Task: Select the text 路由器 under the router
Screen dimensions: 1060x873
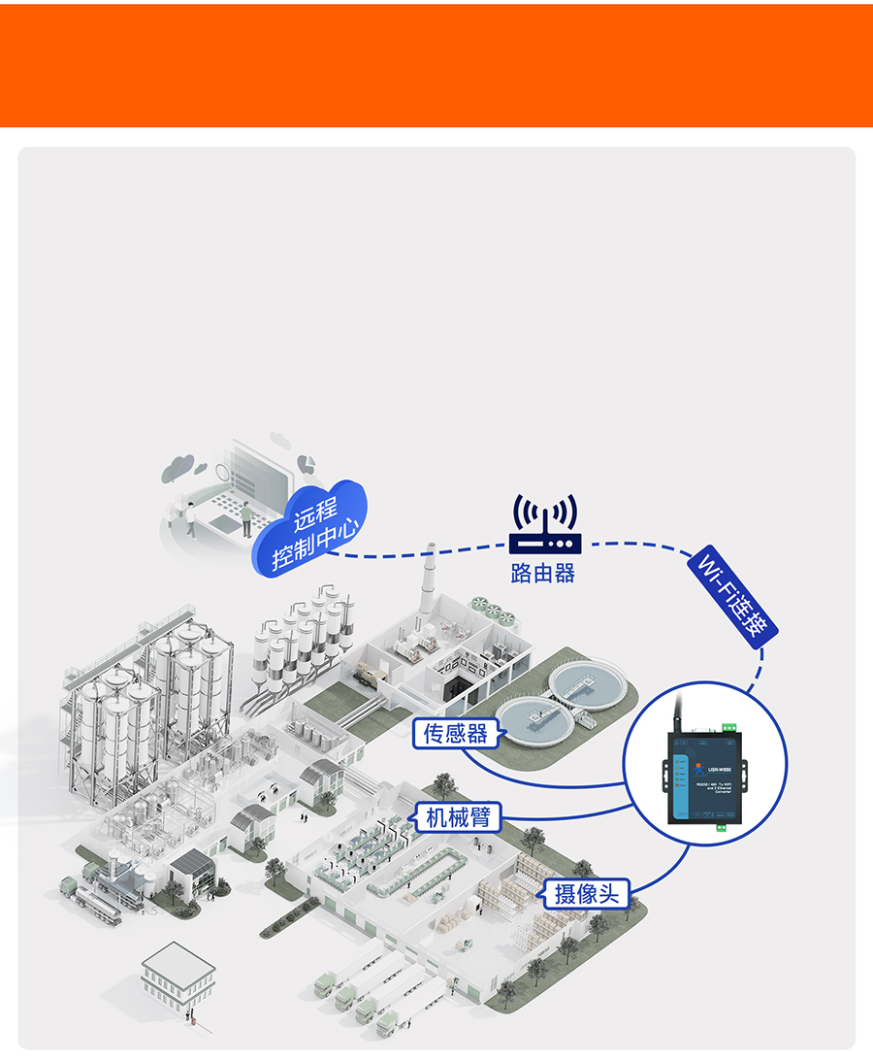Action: click(543, 573)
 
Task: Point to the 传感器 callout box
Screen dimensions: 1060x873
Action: click(456, 732)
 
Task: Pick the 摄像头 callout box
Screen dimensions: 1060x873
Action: click(586, 893)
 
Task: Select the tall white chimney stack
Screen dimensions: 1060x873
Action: click(427, 582)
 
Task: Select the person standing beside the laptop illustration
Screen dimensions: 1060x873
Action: click(246, 519)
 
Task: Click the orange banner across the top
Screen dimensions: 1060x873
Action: click(436, 66)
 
